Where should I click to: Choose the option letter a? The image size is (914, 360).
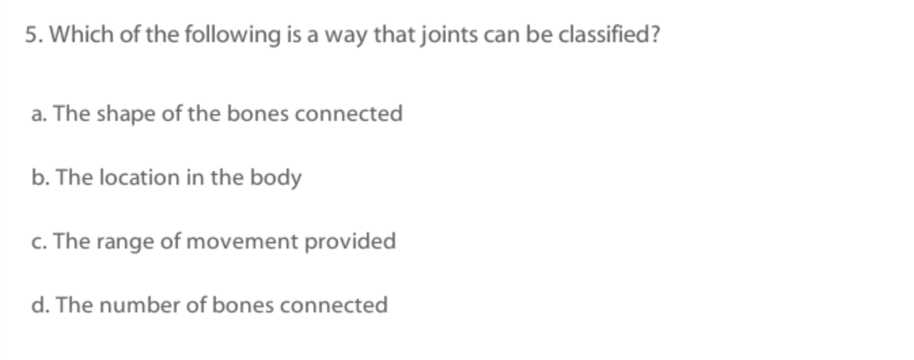(x=39, y=113)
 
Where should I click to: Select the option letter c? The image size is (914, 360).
(x=39, y=241)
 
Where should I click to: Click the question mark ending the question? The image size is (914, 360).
(x=654, y=35)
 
